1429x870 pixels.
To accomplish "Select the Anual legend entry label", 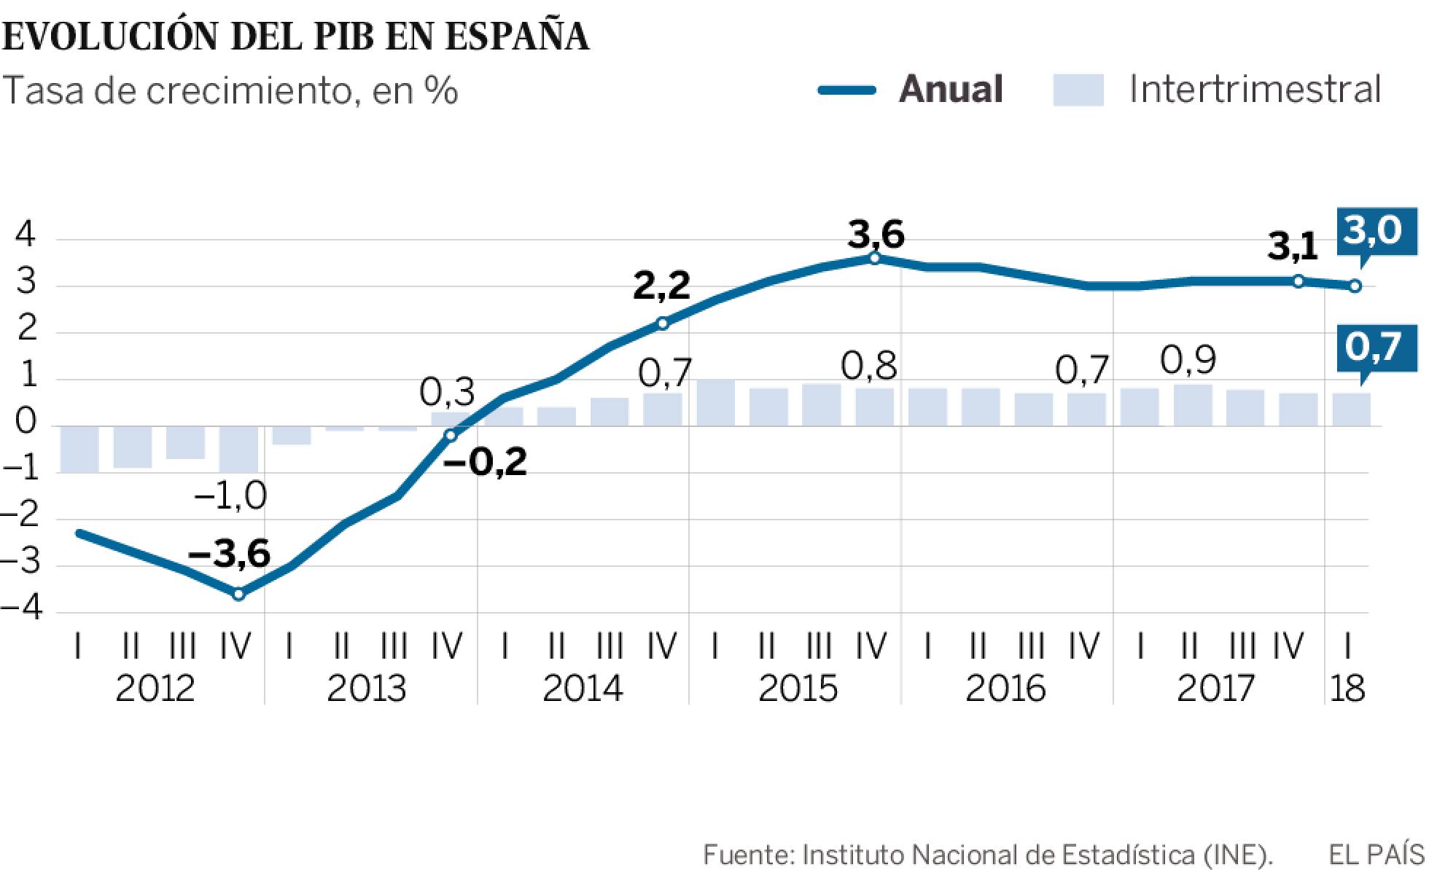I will [951, 90].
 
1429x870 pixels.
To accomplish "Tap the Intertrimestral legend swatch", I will [1078, 90].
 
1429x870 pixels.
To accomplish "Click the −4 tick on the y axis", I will [22, 608].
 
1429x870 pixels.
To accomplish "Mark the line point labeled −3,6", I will [238, 594].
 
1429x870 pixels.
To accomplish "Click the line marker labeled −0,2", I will [451, 435].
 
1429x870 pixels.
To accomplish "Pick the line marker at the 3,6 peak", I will [875, 257].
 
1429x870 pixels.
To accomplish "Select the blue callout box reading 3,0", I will [1373, 231].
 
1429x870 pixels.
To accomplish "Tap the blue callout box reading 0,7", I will [1373, 347].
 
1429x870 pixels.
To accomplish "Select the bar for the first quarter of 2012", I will [79, 449].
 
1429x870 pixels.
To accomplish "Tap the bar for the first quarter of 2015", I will [715, 403].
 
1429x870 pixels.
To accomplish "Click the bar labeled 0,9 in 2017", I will [1193, 405].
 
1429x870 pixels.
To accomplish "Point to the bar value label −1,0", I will [230, 497].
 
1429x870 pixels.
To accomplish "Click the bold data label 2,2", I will [661, 286].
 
